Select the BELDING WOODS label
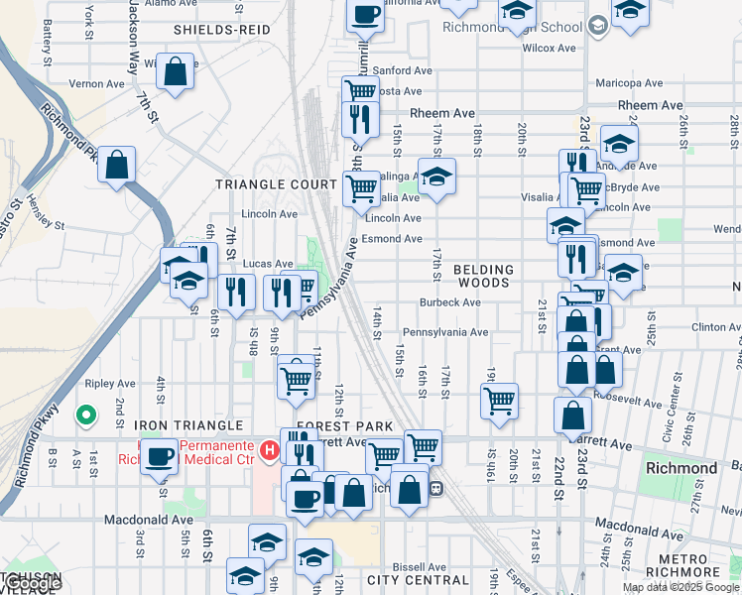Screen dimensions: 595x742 point(484,276)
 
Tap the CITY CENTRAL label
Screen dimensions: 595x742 point(417,579)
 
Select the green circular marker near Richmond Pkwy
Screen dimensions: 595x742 point(86,415)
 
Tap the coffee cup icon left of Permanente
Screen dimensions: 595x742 point(161,457)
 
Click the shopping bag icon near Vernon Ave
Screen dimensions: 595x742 point(175,71)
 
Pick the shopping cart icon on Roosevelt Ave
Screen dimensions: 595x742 point(498,401)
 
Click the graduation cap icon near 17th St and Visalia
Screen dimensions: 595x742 point(435,178)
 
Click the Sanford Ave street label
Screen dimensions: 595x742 point(403,71)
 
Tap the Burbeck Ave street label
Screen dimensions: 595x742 point(449,302)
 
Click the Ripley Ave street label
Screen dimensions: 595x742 point(110,384)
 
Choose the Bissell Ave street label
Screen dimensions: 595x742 point(416,567)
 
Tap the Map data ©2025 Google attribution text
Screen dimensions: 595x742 point(680,587)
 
